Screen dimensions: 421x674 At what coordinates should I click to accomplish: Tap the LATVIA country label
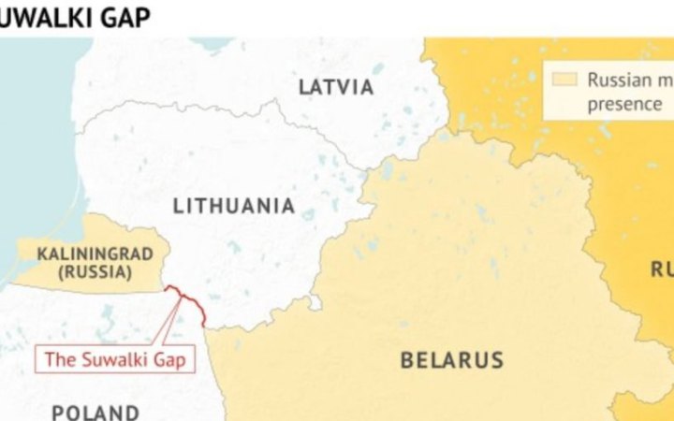point(336,87)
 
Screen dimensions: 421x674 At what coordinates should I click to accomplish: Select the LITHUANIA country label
point(234,206)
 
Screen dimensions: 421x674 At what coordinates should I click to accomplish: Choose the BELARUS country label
point(452,359)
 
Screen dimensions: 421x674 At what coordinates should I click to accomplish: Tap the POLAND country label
point(95,412)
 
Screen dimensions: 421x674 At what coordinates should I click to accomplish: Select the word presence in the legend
point(623,104)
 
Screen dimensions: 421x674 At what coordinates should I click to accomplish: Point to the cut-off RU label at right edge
point(661,270)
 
